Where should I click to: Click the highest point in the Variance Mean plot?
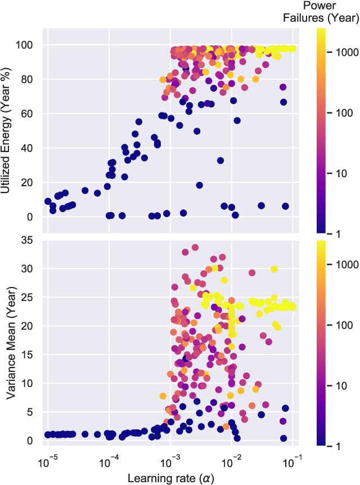195,247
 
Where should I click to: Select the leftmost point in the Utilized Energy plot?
48,201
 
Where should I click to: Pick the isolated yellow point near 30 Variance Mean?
274,269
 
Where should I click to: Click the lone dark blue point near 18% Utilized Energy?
200,185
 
